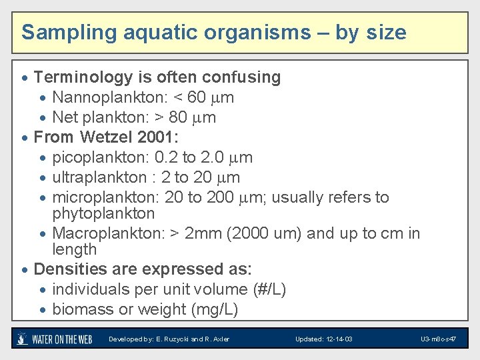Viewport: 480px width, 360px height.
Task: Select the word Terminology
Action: pyautogui.click(x=83, y=77)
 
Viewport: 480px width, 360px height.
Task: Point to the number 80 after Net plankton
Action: pyautogui.click(x=179, y=117)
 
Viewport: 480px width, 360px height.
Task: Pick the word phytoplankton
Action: pyautogui.click(x=103, y=213)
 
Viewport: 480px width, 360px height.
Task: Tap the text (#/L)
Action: pyautogui.click(x=270, y=289)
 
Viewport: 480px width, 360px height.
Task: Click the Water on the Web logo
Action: pyautogui.click(x=55, y=339)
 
